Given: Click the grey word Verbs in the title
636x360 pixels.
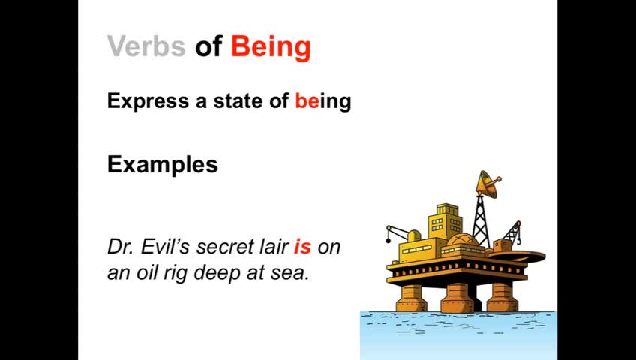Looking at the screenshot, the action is [146, 46].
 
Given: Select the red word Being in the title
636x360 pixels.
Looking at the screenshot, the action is [271, 48].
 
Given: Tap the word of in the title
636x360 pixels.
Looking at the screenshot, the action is [208, 46].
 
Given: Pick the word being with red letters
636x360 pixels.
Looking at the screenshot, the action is [322, 101].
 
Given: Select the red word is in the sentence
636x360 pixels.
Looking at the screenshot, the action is [302, 246].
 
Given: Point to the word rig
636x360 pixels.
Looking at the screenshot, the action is [176, 273].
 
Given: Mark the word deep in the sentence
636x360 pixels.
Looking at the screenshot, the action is [217, 273].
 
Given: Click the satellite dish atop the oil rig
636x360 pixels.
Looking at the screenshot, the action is [488, 184].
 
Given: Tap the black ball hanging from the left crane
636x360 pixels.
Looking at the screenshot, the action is [388, 241].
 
